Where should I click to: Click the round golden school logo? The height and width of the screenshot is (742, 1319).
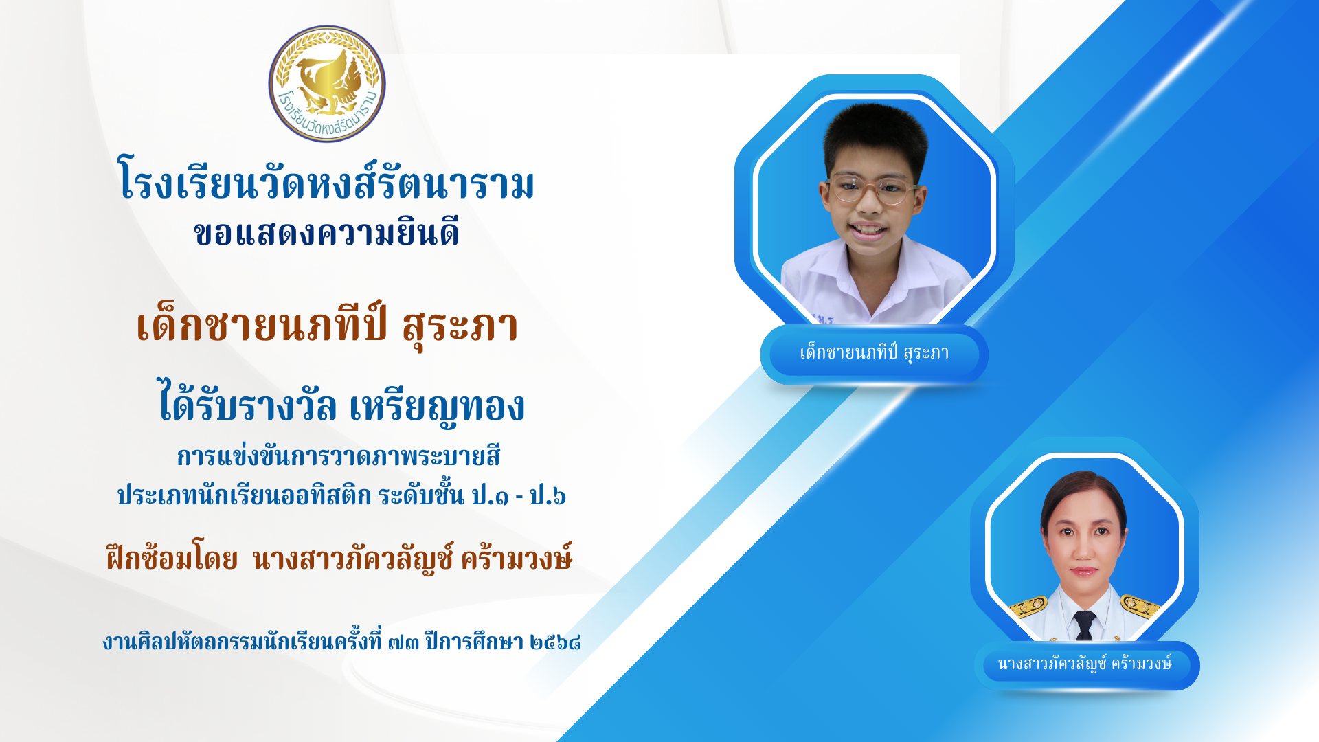pos(327,84)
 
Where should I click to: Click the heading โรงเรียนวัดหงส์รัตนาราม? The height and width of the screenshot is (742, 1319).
pos(327,181)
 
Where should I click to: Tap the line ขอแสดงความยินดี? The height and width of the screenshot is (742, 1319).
pos(327,232)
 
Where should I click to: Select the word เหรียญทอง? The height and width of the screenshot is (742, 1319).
pos(437,405)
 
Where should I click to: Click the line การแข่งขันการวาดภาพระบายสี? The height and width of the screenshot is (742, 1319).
pos(339,456)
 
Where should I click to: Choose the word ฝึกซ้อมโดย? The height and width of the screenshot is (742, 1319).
pos(172,556)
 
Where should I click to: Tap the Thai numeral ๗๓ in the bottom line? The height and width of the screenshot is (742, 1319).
pos(403,642)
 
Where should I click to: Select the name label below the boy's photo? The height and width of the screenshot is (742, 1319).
pos(875,354)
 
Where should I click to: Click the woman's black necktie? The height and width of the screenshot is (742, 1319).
pos(1085,625)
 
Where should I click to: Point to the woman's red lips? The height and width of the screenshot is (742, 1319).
pos(1083,571)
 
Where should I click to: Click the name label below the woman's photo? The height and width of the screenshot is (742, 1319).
pos(1085,664)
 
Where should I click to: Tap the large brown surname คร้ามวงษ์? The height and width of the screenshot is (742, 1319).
pos(516,556)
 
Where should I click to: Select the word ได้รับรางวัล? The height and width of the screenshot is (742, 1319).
pos(248,404)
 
